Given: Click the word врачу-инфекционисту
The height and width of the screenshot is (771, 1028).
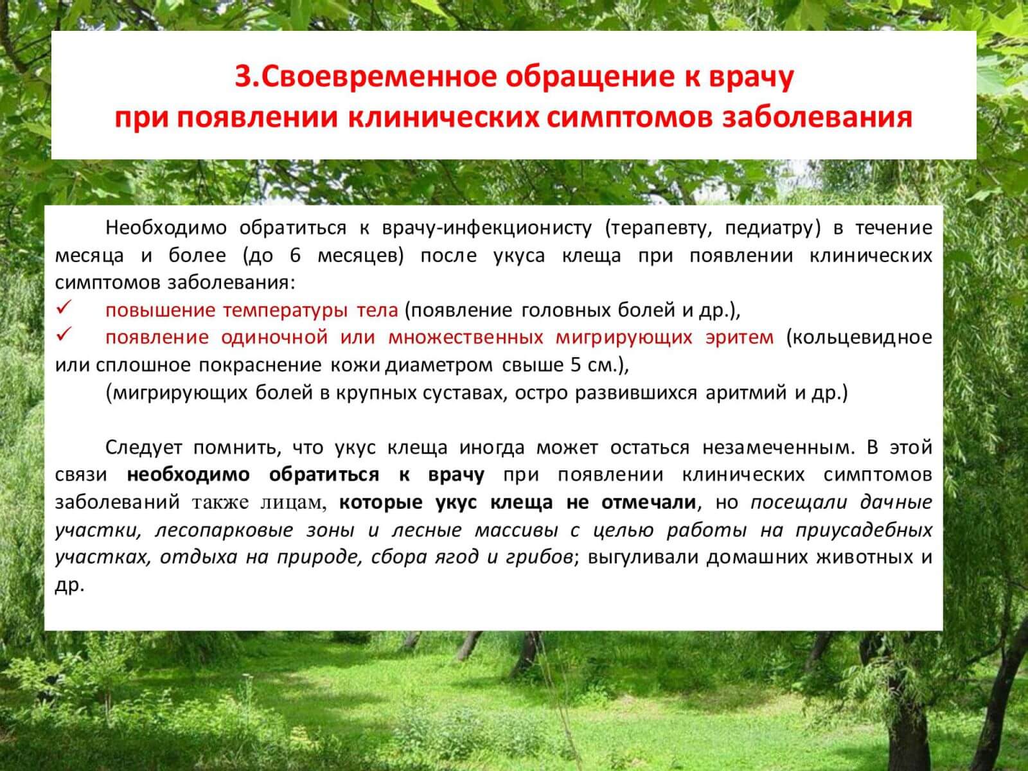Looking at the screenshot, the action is [x=487, y=229].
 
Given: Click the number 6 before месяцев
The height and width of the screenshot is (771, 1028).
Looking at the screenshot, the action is [x=295, y=256].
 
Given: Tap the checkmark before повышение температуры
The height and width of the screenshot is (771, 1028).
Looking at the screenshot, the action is [x=64, y=307].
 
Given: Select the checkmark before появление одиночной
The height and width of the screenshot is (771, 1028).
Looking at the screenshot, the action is [x=64, y=334].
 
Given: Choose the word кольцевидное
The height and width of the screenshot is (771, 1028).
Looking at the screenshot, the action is [x=860, y=338].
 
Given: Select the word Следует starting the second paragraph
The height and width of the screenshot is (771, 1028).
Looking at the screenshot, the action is [x=143, y=448].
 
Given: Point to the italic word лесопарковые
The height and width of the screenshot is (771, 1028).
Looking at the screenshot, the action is [x=224, y=531].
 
